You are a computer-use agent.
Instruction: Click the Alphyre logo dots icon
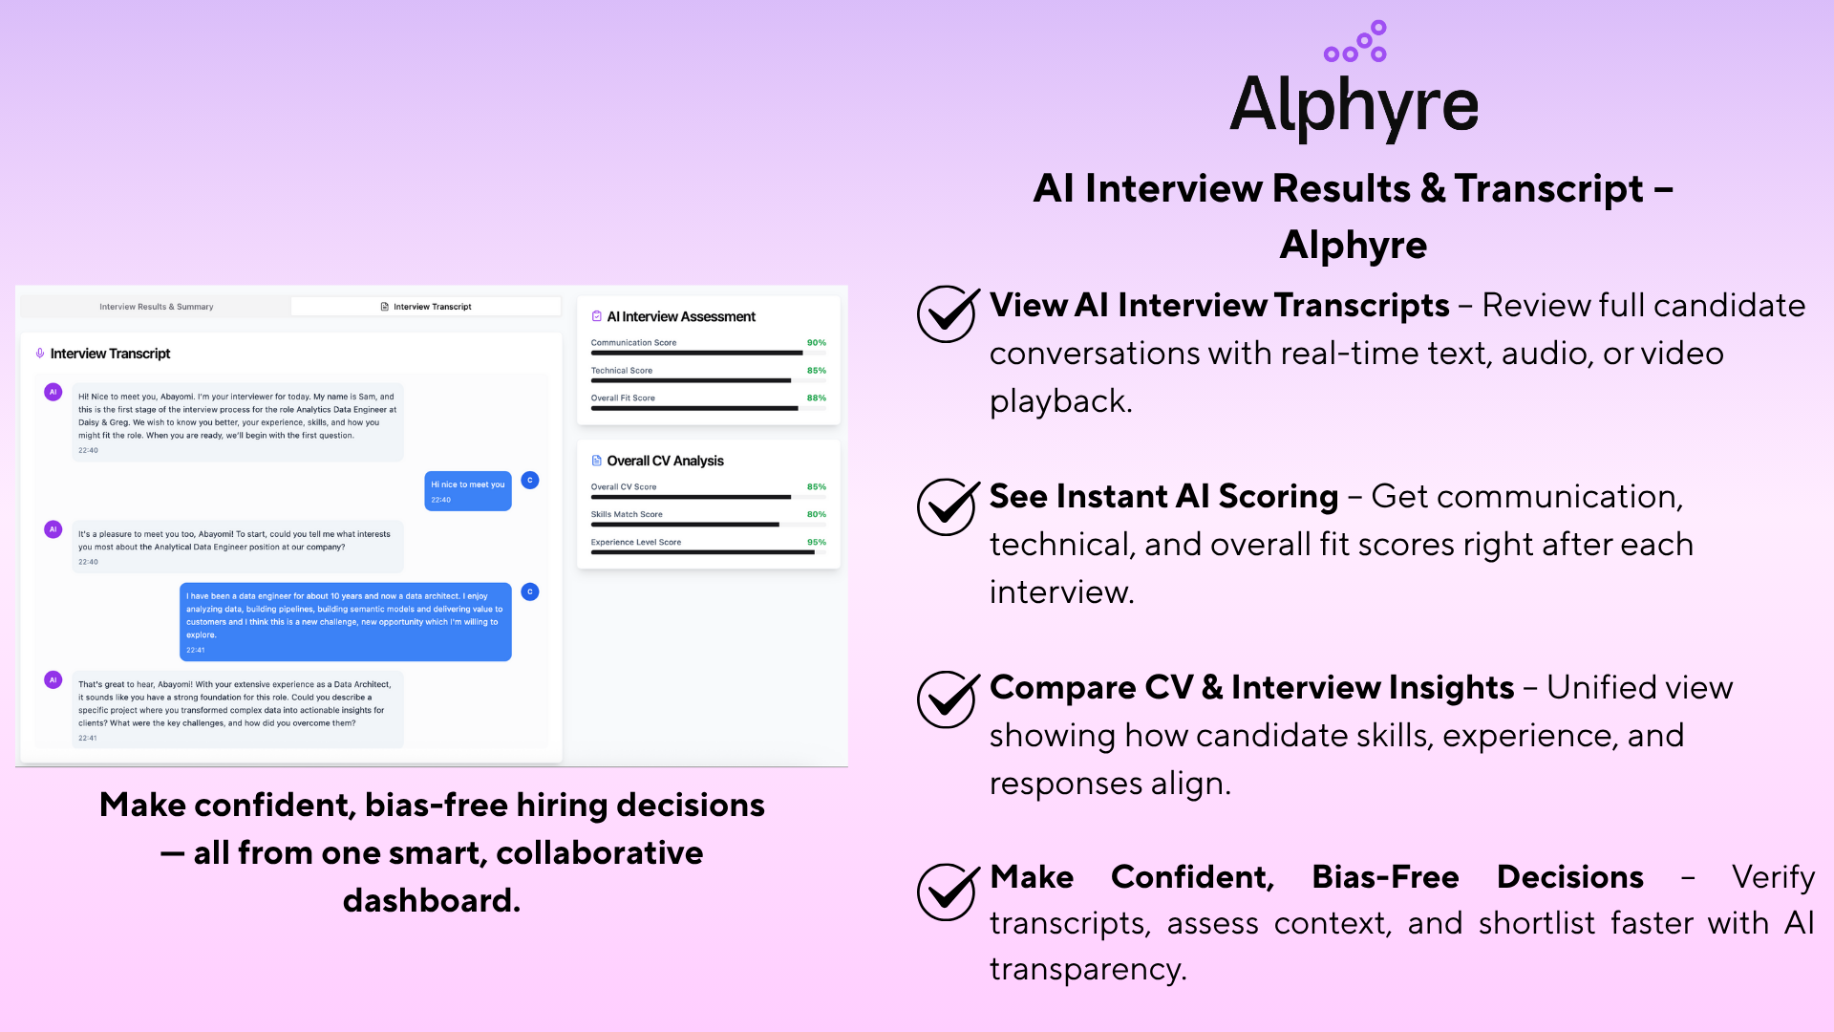tap(1354, 42)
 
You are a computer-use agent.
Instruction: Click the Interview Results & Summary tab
tap(157, 307)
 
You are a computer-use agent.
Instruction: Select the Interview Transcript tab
tap(426, 307)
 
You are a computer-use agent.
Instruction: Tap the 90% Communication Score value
tap(816, 342)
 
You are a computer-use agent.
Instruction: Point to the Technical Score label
tap(621, 370)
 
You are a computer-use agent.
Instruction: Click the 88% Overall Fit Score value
tap(816, 398)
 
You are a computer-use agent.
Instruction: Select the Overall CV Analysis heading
tap(665, 461)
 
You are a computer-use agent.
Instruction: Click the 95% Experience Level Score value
tap(816, 542)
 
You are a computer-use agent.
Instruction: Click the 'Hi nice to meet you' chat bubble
tap(467, 490)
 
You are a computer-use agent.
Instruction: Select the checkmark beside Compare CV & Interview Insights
tap(947, 698)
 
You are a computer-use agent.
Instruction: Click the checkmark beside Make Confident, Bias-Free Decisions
tap(947, 891)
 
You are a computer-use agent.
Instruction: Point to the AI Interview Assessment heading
tap(680, 316)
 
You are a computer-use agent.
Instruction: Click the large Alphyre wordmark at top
tap(1354, 105)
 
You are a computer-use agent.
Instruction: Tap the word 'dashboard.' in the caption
tap(432, 900)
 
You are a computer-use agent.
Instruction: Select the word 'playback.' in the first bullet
tap(1060, 401)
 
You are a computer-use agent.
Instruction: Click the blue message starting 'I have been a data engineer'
tap(345, 621)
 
